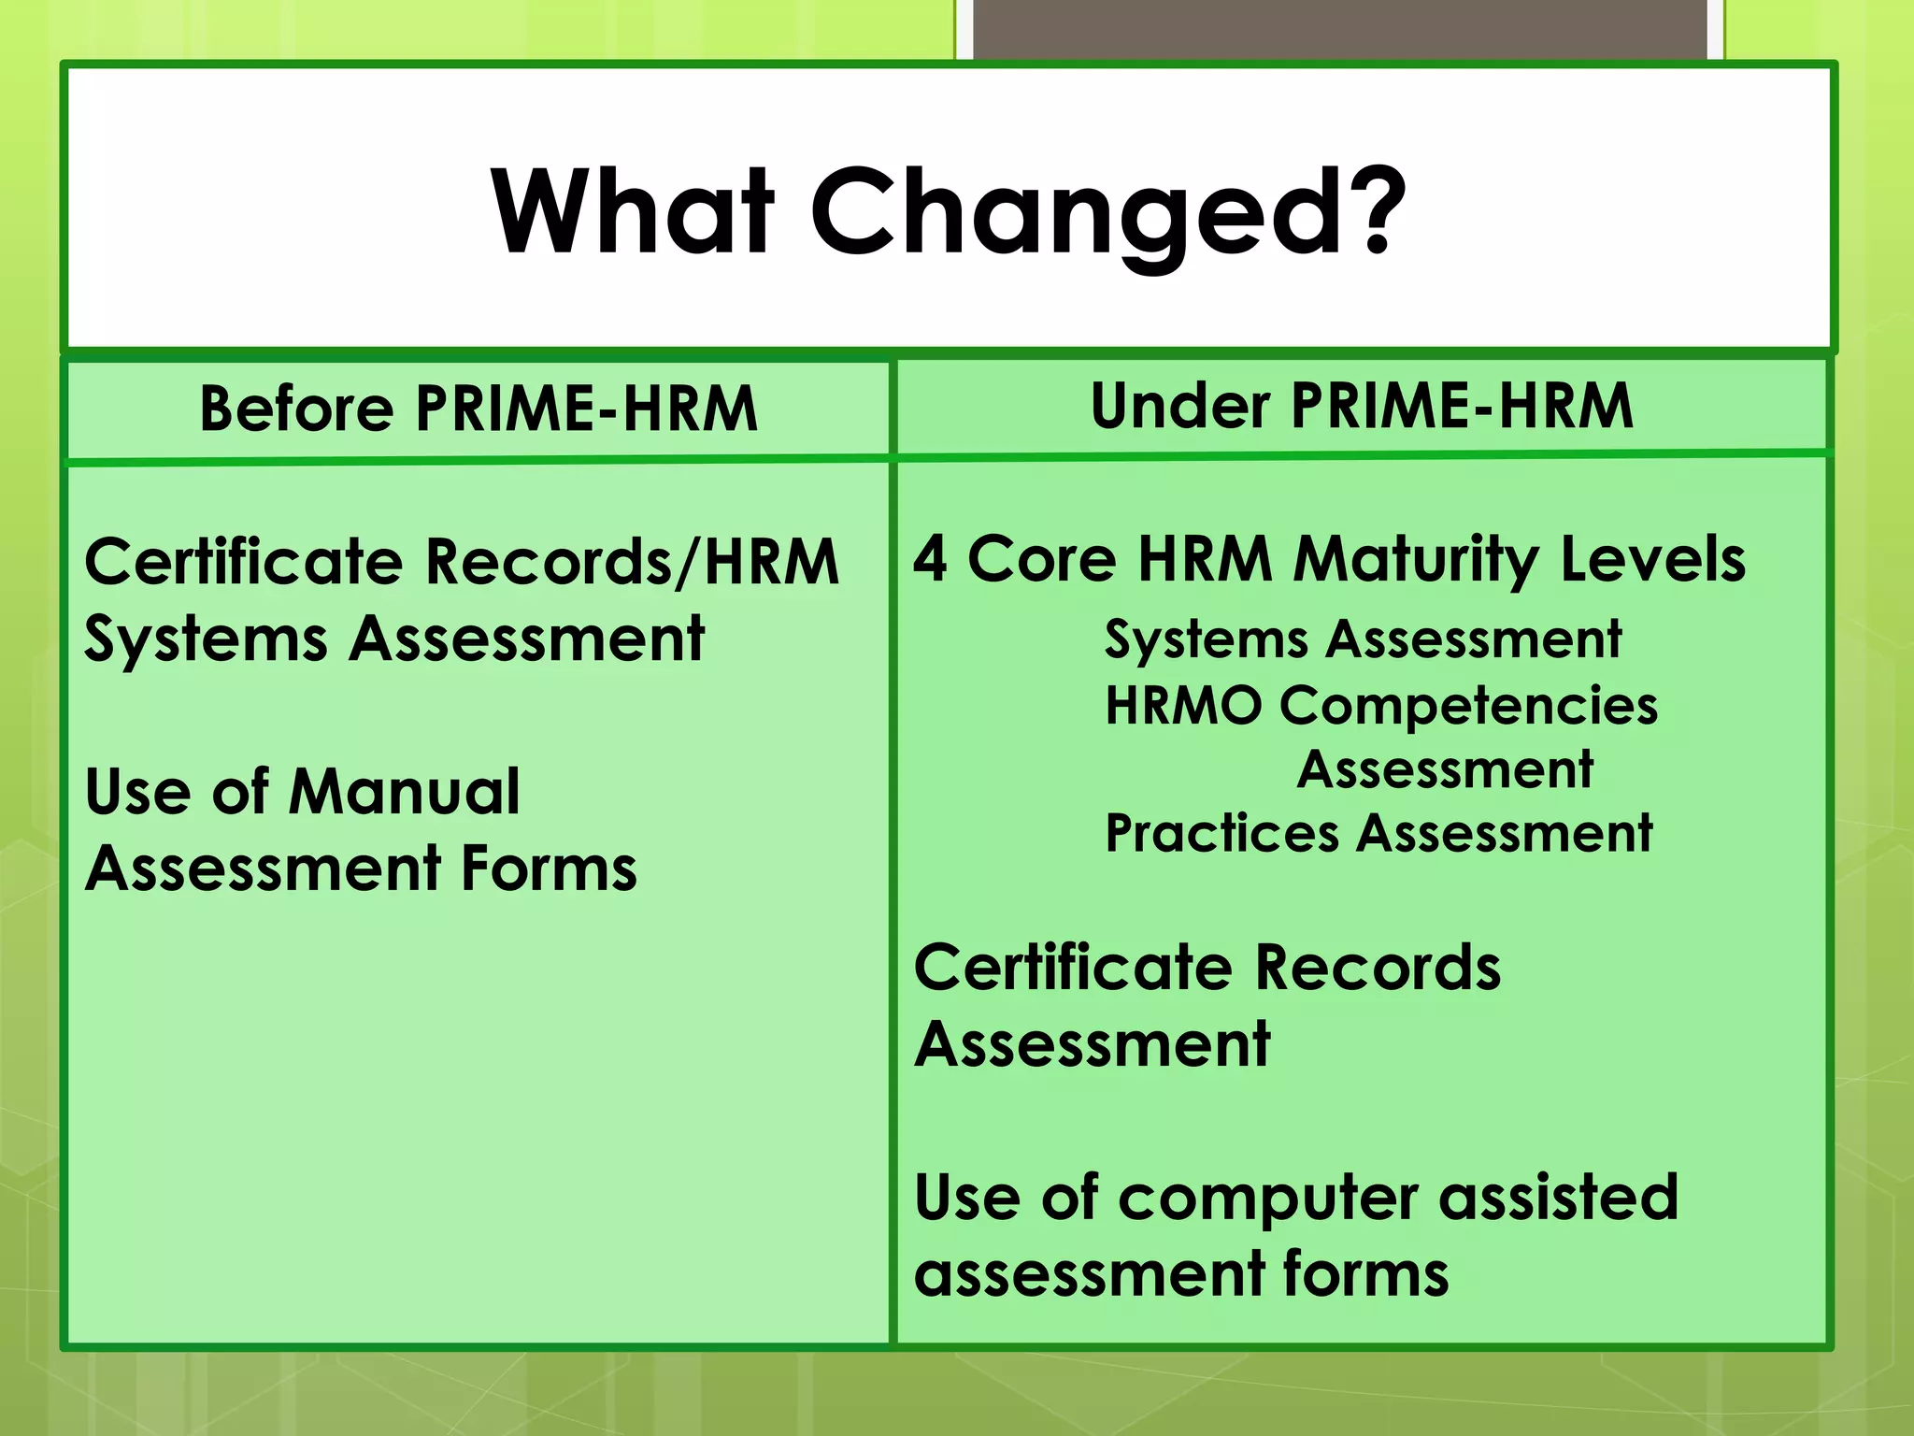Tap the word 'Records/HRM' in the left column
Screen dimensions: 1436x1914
(x=632, y=563)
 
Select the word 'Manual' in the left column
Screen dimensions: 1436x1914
(x=404, y=792)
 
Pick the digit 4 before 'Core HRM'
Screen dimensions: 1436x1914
(x=930, y=559)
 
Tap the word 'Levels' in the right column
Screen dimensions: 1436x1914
(x=1652, y=559)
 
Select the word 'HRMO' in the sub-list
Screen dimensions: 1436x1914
(x=1182, y=705)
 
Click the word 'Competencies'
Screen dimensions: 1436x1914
(x=1468, y=707)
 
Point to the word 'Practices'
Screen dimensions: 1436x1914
(x=1221, y=834)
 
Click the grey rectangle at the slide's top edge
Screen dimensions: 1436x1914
(x=1339, y=28)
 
